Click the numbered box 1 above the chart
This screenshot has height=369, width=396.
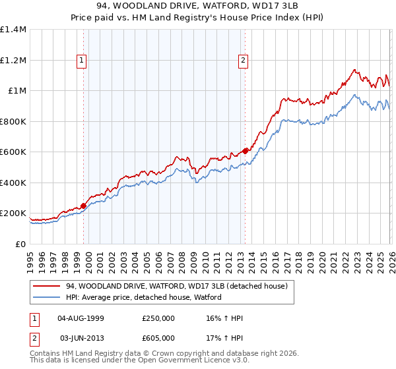tap(82, 61)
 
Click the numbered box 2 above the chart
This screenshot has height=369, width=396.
tap(243, 61)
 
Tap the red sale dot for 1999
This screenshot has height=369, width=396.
tap(83, 206)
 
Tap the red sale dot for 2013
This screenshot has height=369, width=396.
tap(245, 151)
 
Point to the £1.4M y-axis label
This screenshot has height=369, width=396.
tap(13, 30)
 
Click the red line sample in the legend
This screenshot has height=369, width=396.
tap(47, 287)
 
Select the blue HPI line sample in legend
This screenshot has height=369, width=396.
tap(47, 298)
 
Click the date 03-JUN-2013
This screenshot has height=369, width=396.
tap(81, 337)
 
